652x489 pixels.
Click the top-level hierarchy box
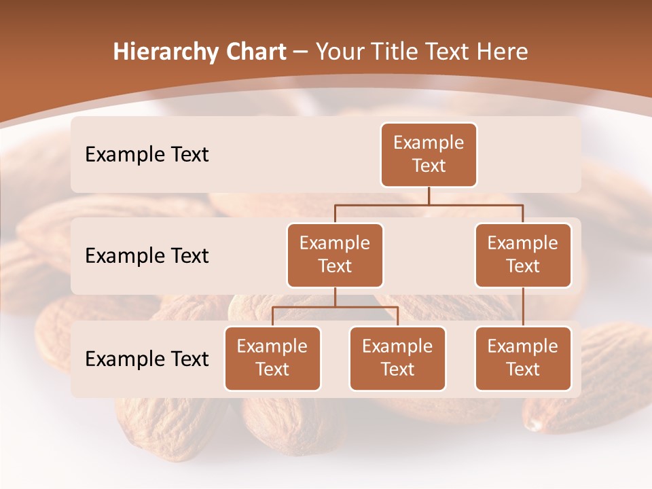[429, 155]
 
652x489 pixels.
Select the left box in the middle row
[335, 255]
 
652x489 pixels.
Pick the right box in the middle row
[523, 255]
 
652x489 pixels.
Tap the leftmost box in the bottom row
[272, 358]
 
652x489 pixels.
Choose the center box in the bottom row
[397, 358]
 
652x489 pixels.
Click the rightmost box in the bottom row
[523, 358]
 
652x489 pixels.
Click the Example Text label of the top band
[147, 154]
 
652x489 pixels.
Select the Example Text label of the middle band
[147, 255]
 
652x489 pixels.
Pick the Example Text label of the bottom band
[147, 359]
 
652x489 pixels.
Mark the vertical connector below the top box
[429, 196]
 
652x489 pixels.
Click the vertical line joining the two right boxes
[523, 307]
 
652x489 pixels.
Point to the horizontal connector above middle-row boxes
[429, 204]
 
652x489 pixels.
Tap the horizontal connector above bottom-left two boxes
[335, 307]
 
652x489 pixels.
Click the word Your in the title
[338, 52]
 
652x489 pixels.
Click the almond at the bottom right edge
[591, 407]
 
